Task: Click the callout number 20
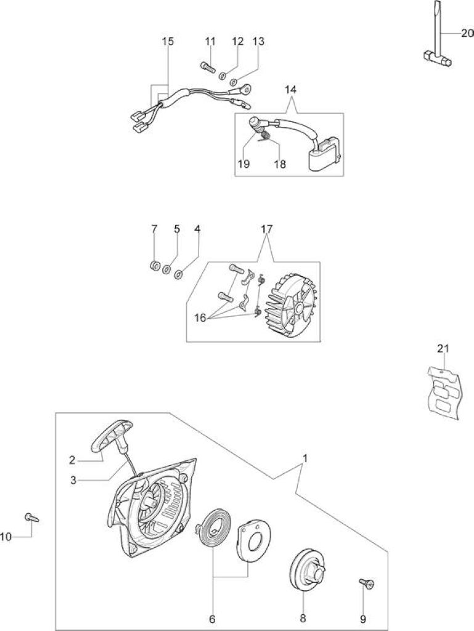pos(467,33)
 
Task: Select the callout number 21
pos(443,349)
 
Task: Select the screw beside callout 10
pos(31,517)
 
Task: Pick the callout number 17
pos(266,229)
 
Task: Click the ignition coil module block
pos(324,155)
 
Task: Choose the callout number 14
pos(290,89)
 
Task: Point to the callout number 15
pos(168,41)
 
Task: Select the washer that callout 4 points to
pos(178,275)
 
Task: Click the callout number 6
pos(212,619)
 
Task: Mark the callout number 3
pos(73,480)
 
